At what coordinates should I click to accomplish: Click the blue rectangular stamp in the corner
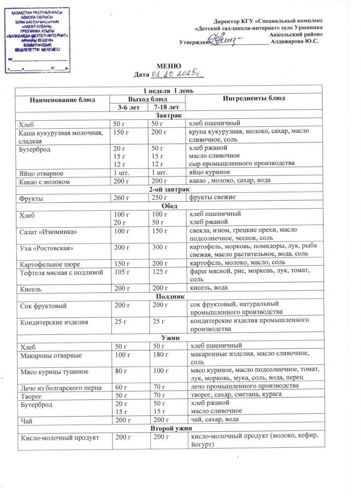[37, 40]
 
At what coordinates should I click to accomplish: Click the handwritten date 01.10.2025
[177, 74]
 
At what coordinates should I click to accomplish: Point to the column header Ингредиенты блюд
[254, 98]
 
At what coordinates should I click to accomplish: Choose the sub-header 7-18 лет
[166, 106]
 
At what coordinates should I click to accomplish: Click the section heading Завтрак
[169, 114]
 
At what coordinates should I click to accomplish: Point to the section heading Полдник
[170, 296]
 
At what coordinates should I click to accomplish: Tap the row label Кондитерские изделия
[54, 322]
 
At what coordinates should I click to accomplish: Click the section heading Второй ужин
[169, 428]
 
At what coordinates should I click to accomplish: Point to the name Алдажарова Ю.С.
[295, 41]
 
